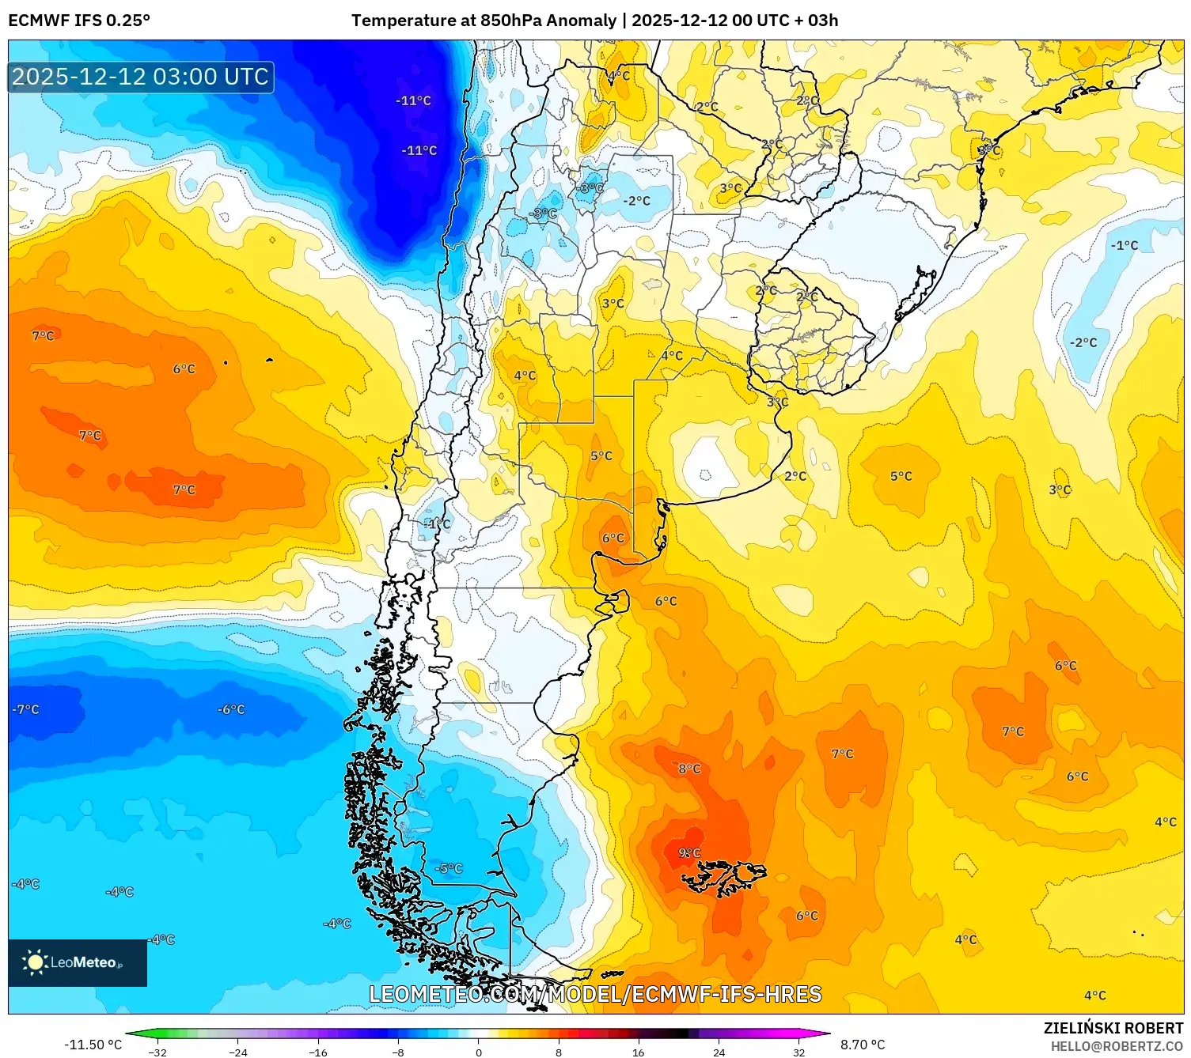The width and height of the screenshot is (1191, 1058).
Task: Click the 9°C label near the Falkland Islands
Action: point(689,852)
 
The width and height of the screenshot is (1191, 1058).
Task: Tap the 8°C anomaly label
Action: point(689,769)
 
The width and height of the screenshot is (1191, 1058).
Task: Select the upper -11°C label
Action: point(413,100)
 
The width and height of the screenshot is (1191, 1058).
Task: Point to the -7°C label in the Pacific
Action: point(25,709)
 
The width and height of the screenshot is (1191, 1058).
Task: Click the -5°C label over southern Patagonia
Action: point(448,868)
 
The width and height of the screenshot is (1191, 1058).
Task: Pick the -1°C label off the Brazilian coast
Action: point(1124,245)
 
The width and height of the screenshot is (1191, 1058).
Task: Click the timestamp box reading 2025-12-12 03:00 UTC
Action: point(141,77)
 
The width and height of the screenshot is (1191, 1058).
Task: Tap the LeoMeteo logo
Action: point(77,962)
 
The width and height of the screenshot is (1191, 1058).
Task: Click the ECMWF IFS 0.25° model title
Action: point(79,21)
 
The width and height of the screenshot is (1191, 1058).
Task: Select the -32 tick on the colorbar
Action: point(157,1052)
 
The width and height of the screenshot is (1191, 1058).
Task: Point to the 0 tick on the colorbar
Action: point(478,1052)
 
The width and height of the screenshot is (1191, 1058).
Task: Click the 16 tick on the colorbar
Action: point(638,1052)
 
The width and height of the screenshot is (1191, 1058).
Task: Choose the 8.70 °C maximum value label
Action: point(863,1045)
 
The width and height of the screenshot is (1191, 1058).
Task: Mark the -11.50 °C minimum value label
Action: point(93,1045)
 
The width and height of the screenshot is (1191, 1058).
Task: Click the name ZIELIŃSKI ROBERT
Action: point(1113,1028)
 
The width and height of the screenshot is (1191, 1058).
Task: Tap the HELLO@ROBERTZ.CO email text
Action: point(1117,1046)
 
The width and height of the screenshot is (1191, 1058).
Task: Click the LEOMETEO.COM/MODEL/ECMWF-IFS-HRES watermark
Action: point(595,994)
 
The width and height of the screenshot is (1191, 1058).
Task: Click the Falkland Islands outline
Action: point(724,876)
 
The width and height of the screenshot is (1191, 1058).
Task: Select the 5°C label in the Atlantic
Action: point(901,476)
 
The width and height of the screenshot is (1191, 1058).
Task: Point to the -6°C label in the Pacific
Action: point(231,709)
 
